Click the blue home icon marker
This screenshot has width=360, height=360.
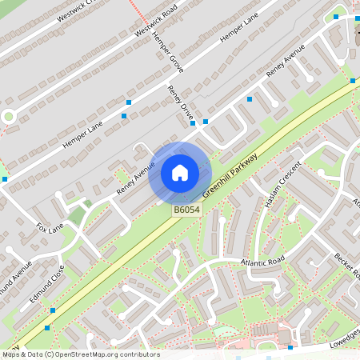(180, 173)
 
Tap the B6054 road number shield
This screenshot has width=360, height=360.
(186, 210)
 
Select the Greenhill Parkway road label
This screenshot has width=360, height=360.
(229, 175)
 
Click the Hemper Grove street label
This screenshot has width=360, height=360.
(168, 54)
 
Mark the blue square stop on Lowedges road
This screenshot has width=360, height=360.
(290, 348)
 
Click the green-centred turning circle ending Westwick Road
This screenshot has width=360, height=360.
(9, 116)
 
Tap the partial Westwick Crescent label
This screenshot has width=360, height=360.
(77, 7)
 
